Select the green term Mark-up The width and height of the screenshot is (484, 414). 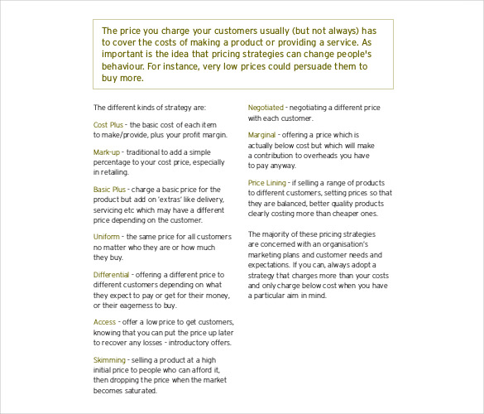coord(107,152)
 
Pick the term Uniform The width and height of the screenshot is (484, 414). coord(107,236)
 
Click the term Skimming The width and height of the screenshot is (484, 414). coord(109,359)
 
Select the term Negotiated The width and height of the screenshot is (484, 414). coord(266,107)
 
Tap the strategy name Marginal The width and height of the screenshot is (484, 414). coord(262,134)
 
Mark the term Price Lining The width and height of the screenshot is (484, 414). coord(267,182)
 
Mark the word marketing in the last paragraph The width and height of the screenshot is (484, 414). coord(270,255)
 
